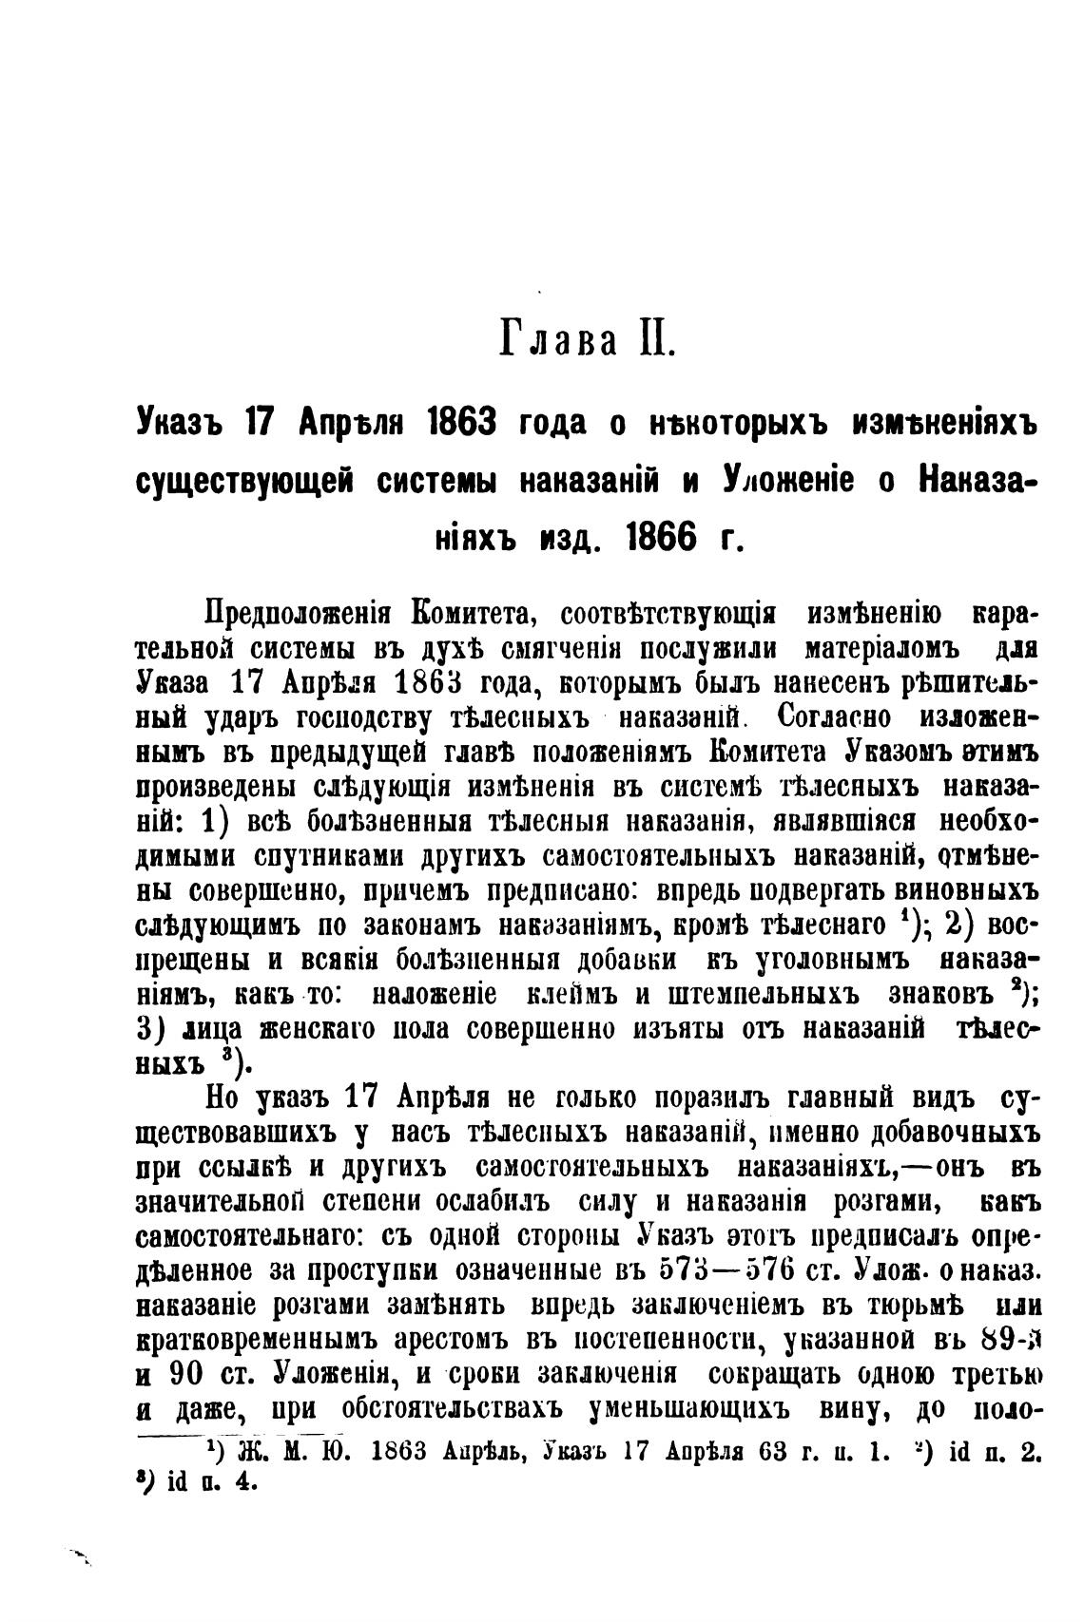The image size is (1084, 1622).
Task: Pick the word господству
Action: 347,715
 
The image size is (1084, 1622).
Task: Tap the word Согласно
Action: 823,714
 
